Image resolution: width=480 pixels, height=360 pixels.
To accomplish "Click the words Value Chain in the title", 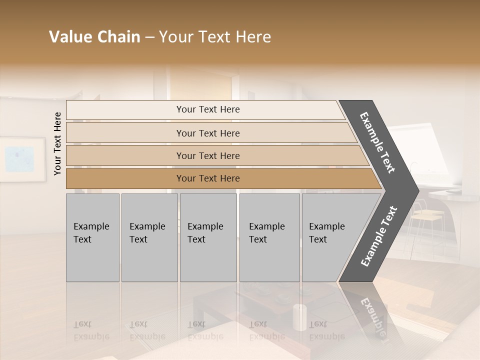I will coord(94,37).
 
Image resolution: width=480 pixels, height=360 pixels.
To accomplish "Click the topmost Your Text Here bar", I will coord(207,109).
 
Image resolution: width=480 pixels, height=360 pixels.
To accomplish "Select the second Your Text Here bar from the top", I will coord(207,133).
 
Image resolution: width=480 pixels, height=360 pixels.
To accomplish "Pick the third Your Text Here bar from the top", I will coord(207,155).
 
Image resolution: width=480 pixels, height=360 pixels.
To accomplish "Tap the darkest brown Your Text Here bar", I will coord(207,178).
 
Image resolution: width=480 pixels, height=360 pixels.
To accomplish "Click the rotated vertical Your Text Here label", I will coord(58,143).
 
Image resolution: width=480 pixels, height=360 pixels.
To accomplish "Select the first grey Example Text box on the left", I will coord(92,237).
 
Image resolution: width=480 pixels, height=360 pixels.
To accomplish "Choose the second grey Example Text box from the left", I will coord(149,237).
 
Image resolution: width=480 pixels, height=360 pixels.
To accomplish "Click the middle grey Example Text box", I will coord(208,237).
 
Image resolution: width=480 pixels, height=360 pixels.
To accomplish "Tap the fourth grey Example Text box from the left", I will coord(269,237).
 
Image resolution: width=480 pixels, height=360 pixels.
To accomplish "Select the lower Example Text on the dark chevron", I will coord(379,236).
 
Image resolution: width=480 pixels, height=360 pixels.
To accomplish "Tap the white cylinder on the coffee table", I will coord(300,317).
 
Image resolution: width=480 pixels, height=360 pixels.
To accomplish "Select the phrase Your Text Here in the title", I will coord(215,37).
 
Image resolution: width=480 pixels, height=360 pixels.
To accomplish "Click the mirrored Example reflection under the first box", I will coord(91,336).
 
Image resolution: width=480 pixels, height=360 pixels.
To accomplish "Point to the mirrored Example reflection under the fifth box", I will coord(327,336).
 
